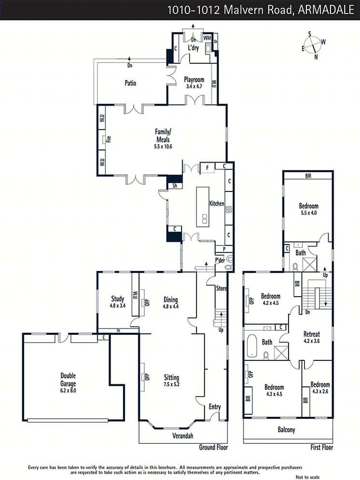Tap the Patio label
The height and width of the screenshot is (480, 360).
(130, 83)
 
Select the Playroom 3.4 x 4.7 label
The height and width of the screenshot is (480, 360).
(194, 82)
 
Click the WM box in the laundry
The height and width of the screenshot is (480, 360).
(207, 38)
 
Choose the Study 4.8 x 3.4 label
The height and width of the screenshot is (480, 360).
(118, 302)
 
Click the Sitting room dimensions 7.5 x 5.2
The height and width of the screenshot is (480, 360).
(171, 384)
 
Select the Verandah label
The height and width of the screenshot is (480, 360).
(183, 436)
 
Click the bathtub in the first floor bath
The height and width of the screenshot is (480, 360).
(251, 346)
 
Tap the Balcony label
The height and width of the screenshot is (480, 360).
(286, 430)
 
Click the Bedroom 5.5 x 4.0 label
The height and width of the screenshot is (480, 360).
(308, 209)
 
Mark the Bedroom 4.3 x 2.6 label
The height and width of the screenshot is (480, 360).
(320, 387)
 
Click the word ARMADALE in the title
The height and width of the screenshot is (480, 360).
(326, 10)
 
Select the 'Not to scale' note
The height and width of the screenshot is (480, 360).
(307, 477)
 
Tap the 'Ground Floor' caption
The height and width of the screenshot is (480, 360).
(213, 447)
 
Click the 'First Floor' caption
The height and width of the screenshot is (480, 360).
(322, 447)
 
